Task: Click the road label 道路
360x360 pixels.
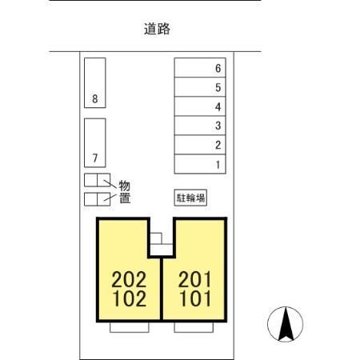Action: pos(157,30)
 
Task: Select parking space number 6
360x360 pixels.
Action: pos(201,68)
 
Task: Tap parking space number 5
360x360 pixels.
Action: pos(201,87)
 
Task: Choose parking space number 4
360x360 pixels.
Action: pos(201,106)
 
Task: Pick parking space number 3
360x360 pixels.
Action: pos(201,126)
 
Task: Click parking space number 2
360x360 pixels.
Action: pos(201,145)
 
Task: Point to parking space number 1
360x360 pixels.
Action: pos(201,164)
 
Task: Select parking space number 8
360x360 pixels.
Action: pos(95,82)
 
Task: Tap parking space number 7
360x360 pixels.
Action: pos(95,142)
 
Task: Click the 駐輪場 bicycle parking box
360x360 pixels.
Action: pos(190,196)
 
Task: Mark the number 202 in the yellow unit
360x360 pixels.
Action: pos(130,280)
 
